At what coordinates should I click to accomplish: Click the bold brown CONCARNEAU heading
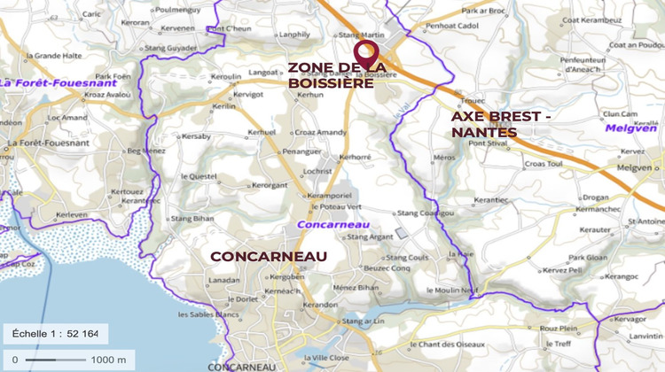pyautogui.click(x=269, y=256)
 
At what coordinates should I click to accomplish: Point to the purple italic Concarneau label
pyautogui.click(x=326, y=224)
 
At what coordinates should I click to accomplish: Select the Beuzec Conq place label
pyautogui.click(x=387, y=267)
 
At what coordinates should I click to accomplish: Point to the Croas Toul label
pyautogui.click(x=544, y=164)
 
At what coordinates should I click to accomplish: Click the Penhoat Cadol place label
pyautogui.click(x=453, y=27)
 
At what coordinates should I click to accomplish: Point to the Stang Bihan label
pyautogui.click(x=192, y=218)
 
